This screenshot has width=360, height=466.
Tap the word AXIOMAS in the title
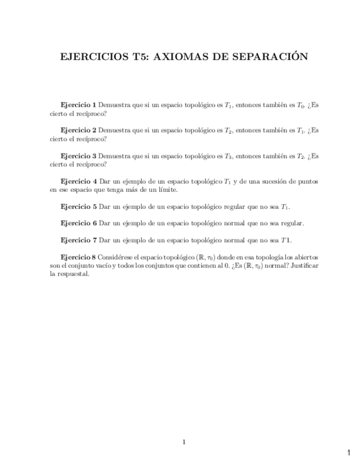coord(178,57)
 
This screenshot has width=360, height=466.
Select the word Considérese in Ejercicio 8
coord(116,257)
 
